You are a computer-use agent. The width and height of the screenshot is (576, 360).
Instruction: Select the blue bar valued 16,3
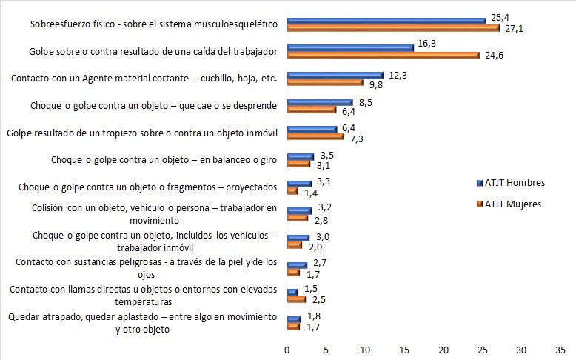[x=350, y=47]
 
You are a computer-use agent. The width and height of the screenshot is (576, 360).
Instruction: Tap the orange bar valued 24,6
[x=384, y=55]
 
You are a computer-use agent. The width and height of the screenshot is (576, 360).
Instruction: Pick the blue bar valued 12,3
[x=335, y=75]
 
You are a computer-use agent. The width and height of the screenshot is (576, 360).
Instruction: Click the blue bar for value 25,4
[x=386, y=21]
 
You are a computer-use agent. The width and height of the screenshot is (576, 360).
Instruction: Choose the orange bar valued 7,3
[x=315, y=136]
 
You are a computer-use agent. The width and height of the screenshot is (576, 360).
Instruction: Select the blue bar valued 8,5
[x=321, y=102]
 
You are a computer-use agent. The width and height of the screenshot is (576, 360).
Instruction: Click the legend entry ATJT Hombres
[x=513, y=182]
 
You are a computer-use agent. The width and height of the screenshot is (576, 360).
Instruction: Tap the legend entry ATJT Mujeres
[x=512, y=204]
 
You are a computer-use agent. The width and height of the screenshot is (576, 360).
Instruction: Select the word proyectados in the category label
[x=250, y=187]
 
